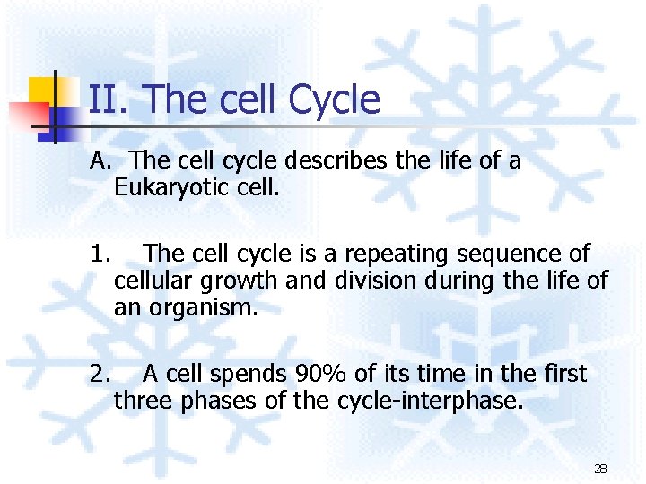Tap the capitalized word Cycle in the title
334,100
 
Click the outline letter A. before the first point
100,161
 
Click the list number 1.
100,255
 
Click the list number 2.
100,374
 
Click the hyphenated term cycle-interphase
430,402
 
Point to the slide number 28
600,469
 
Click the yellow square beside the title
42,91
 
